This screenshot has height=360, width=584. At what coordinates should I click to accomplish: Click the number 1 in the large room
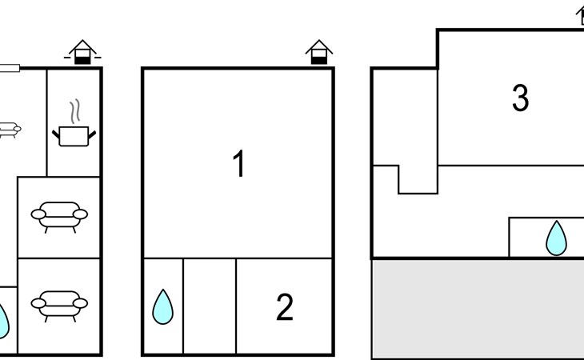[238, 163]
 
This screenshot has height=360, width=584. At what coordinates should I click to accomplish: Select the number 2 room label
[285, 306]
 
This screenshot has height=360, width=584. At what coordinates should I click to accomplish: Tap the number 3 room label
[520, 98]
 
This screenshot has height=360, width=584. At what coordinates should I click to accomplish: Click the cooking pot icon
[74, 136]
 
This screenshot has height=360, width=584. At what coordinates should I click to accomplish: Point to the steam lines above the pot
[75, 111]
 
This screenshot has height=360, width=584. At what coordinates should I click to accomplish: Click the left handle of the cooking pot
[56, 134]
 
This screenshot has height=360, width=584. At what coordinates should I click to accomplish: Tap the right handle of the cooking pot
[92, 134]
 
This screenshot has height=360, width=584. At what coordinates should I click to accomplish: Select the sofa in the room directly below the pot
[59, 217]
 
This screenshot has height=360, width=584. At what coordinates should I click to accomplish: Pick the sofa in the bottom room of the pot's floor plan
[59, 306]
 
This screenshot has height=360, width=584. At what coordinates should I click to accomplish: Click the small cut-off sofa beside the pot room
[10, 130]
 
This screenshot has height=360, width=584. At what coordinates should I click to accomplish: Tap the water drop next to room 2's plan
[162, 306]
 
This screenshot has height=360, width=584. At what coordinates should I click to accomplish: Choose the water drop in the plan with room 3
[557, 238]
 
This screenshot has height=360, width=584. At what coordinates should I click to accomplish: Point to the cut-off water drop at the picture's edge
[3, 322]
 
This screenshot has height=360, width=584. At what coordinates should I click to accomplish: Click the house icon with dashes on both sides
[82, 52]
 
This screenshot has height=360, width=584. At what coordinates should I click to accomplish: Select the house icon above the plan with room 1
[319, 52]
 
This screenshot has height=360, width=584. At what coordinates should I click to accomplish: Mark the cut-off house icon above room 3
[580, 17]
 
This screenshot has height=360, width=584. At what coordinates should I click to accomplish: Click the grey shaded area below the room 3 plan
[478, 310]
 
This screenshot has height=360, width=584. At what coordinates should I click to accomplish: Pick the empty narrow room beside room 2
[210, 306]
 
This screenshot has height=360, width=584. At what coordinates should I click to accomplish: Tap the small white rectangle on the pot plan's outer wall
[10, 68]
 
